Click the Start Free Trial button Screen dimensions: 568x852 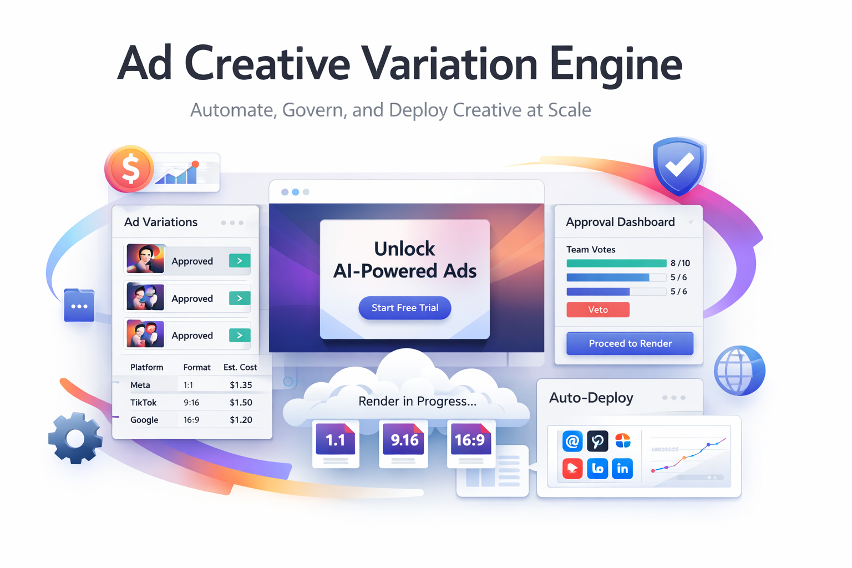(x=404, y=308)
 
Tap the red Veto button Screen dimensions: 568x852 (x=597, y=310)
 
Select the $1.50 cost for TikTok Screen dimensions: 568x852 (x=241, y=402)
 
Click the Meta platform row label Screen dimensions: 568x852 (x=140, y=385)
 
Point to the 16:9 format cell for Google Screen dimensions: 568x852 (x=191, y=420)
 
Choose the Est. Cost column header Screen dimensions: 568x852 (x=240, y=367)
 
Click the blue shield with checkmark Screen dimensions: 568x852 (x=679, y=165)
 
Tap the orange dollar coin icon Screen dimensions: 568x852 (x=130, y=169)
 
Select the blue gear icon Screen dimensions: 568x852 (x=75, y=438)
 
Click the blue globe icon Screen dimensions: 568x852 (x=739, y=370)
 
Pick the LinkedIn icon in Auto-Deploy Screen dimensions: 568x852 (x=622, y=469)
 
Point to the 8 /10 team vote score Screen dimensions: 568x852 (x=680, y=263)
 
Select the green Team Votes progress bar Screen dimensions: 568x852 (x=616, y=263)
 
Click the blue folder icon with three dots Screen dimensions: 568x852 (x=79, y=306)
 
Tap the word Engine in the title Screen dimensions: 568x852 (x=616, y=64)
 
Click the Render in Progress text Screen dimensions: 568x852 (x=417, y=401)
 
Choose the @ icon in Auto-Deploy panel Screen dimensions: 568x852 (x=572, y=442)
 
